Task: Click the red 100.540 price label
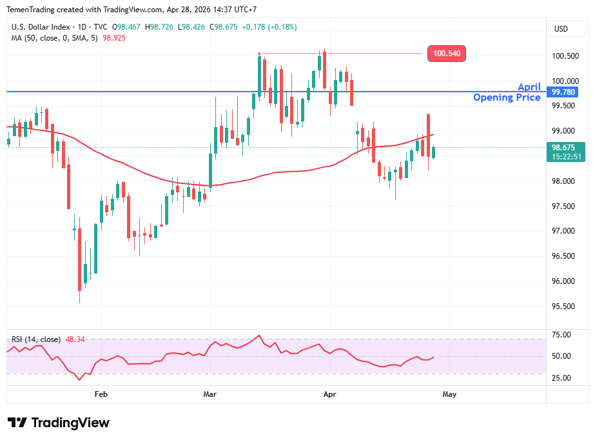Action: pyautogui.click(x=447, y=54)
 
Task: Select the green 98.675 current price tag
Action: pyautogui.click(x=565, y=147)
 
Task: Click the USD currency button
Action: pyautogui.click(x=561, y=29)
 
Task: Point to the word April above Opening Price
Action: pyautogui.click(x=529, y=87)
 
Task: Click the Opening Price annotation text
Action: pyautogui.click(x=507, y=97)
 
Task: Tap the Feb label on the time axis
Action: pyautogui.click(x=101, y=393)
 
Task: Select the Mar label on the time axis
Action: pyautogui.click(x=210, y=393)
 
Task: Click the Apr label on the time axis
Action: pyautogui.click(x=329, y=393)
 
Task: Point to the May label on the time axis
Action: pyautogui.click(x=449, y=393)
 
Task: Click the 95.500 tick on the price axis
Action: pyautogui.click(x=565, y=306)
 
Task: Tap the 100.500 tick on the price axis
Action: pyautogui.click(x=565, y=56)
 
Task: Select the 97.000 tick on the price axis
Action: pyautogui.click(x=565, y=231)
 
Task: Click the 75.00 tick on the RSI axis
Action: pyautogui.click(x=561, y=335)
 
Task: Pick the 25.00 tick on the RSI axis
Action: pyautogui.click(x=561, y=377)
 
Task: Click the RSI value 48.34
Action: pyautogui.click(x=75, y=339)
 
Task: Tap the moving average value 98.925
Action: pyautogui.click(x=114, y=38)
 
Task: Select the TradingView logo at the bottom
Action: pyautogui.click(x=59, y=423)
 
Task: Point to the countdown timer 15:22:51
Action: pyautogui.click(x=565, y=157)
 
